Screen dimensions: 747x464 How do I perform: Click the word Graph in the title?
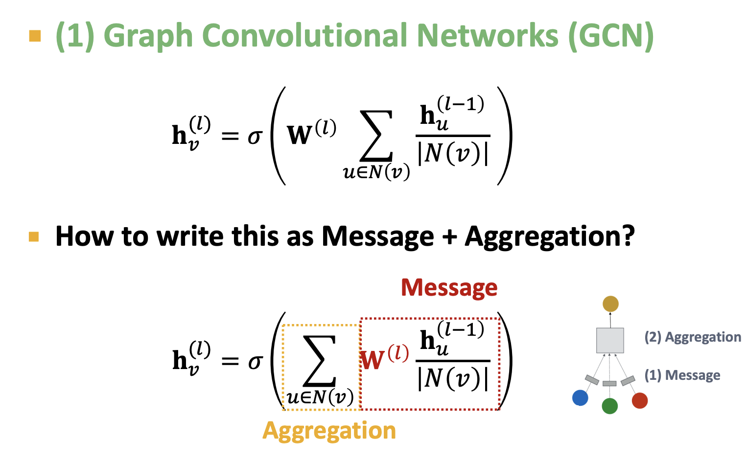tap(149, 36)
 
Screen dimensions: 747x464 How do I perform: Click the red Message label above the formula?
tap(449, 287)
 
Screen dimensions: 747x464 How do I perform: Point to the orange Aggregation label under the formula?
tap(329, 431)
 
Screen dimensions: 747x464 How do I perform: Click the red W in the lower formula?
tap(373, 360)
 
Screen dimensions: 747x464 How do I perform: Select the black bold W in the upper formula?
tap(299, 135)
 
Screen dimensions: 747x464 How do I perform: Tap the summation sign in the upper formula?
tap(376, 137)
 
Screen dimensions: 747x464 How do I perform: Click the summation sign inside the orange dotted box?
tap(320, 361)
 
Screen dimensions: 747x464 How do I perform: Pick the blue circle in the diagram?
tap(580, 398)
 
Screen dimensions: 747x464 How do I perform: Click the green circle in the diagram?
tap(609, 406)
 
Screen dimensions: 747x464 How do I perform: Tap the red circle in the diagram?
tap(640, 400)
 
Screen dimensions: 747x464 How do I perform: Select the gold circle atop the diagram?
tap(610, 304)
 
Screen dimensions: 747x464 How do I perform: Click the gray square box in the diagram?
tap(610, 340)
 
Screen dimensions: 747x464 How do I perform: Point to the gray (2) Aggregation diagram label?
tap(693, 337)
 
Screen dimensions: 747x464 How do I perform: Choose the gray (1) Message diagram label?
tap(682, 375)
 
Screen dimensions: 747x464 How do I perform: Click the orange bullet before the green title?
tap(35, 36)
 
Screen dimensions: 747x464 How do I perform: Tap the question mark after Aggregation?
tap(627, 236)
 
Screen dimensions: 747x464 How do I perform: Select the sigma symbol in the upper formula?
tap(255, 137)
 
